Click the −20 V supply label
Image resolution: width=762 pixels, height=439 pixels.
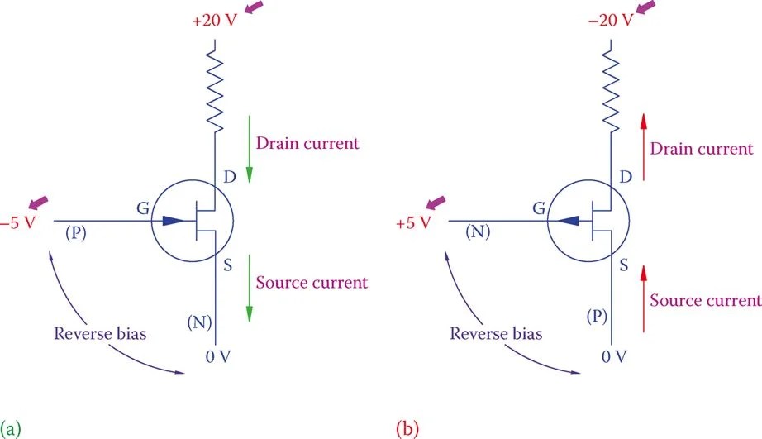pyautogui.click(x=611, y=20)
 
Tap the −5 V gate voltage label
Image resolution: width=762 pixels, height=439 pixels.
pyautogui.click(x=17, y=223)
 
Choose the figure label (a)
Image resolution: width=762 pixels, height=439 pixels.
pyautogui.click(x=11, y=428)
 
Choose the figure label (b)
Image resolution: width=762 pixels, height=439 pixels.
pyautogui.click(x=408, y=428)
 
